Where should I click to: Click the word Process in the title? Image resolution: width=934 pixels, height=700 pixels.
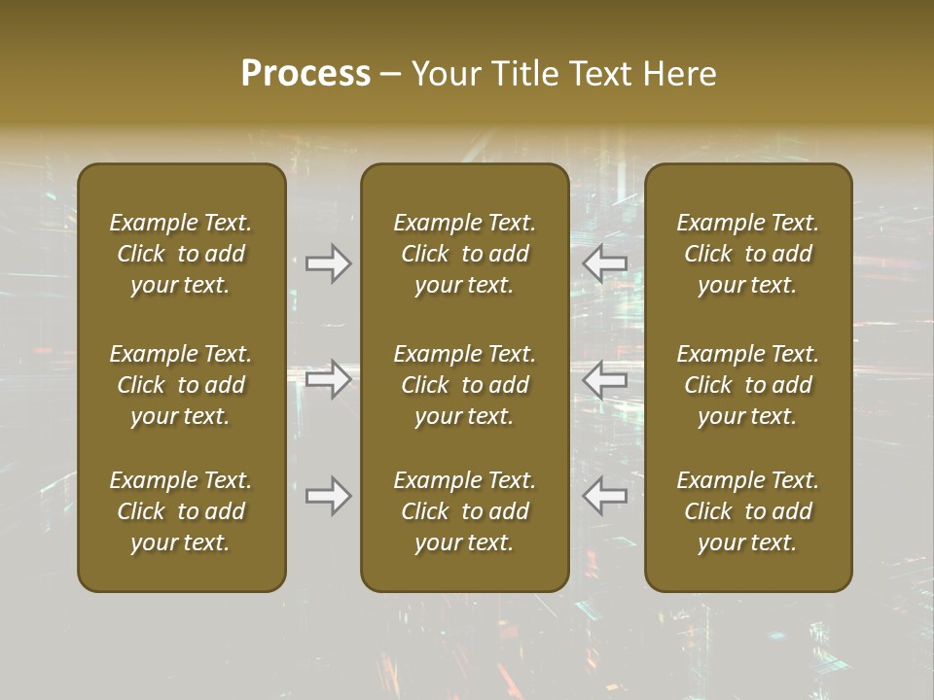click(305, 74)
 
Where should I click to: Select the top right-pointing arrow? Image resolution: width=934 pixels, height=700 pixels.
click(329, 263)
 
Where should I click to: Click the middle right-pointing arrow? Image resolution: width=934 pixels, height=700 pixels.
click(329, 378)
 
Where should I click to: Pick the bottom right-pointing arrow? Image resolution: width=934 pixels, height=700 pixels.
click(329, 496)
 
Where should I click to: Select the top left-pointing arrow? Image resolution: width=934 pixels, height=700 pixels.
click(605, 263)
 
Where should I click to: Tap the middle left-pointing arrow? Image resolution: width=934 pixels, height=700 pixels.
click(605, 378)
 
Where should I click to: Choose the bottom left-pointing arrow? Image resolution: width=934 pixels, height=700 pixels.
click(605, 496)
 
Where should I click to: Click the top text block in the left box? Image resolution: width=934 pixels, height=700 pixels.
click(181, 254)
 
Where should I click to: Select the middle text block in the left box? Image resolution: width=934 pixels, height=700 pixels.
click(181, 385)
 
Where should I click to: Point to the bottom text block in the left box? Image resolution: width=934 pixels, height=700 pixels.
click(181, 511)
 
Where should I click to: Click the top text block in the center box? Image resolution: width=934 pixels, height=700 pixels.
click(465, 254)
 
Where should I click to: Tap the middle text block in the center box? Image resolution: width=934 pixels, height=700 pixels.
click(465, 385)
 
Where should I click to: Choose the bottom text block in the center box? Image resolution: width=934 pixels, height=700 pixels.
click(465, 511)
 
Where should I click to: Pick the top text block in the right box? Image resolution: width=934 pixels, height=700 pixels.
click(748, 254)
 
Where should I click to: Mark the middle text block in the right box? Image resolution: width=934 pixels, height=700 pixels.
click(748, 385)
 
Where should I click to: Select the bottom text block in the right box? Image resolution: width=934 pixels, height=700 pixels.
click(748, 511)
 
